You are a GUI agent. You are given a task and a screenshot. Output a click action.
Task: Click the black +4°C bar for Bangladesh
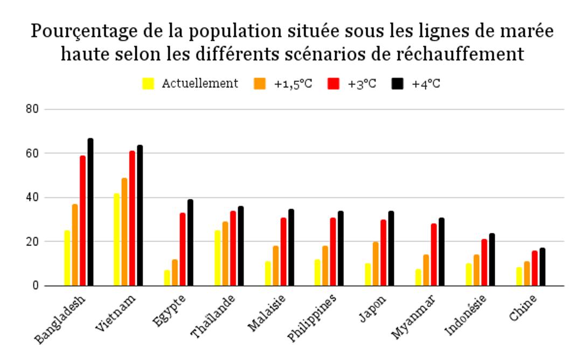pyautogui.click(x=91, y=212)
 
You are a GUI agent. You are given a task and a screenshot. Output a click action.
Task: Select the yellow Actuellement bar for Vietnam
pyautogui.click(x=116, y=240)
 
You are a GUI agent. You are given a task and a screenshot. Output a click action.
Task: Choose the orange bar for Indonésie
pyautogui.click(x=476, y=271)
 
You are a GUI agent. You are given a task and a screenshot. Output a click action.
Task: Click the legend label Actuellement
pyautogui.click(x=200, y=84)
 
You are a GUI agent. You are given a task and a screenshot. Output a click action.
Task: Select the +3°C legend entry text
pyautogui.click(x=361, y=84)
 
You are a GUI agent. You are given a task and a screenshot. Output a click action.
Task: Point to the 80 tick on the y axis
pyautogui.click(x=35, y=109)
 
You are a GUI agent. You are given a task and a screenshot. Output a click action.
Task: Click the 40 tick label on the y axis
pyautogui.click(x=35, y=198)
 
